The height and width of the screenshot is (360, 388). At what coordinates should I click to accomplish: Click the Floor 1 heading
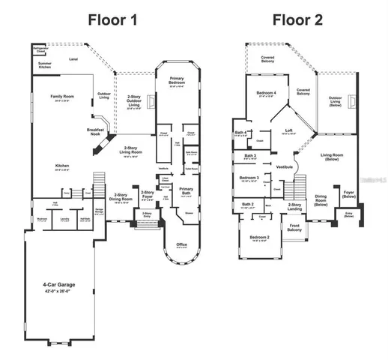(x=118, y=19)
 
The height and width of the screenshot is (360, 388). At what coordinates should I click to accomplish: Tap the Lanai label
(x=73, y=58)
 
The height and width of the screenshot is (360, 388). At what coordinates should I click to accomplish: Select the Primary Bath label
(x=187, y=191)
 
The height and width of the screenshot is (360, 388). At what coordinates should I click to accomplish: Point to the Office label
(x=182, y=244)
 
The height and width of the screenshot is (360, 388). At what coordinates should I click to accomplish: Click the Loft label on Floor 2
(x=288, y=130)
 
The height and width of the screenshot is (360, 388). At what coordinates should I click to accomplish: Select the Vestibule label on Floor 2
(x=285, y=166)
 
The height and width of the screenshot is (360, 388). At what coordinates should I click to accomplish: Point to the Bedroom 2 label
(x=259, y=237)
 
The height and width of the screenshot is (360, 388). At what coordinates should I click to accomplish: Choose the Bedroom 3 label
(x=249, y=178)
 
